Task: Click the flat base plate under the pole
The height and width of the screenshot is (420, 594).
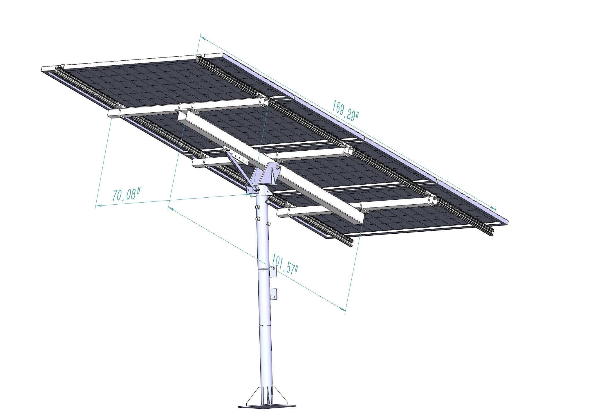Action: [x=267, y=405]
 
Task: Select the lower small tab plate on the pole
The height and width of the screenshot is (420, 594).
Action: [x=274, y=295]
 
